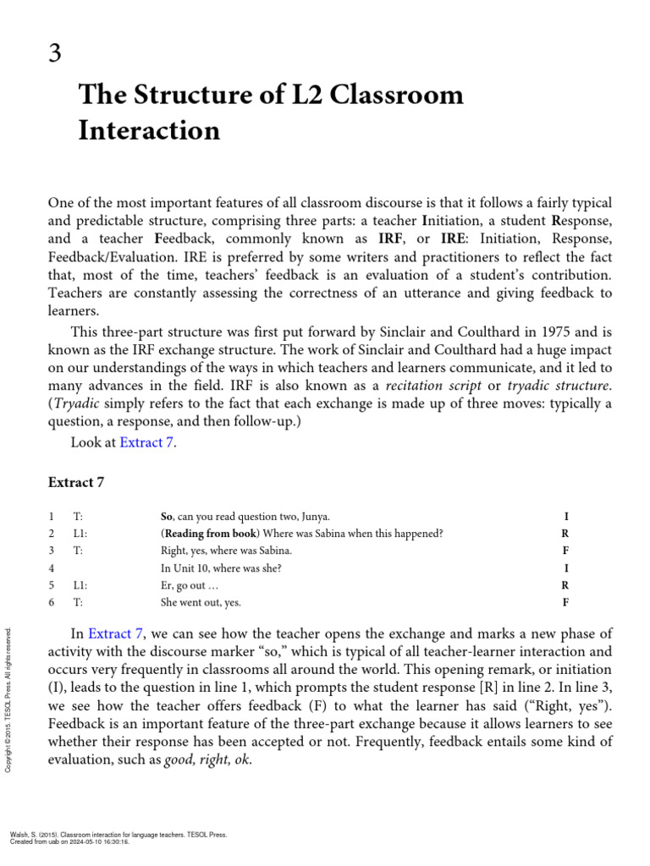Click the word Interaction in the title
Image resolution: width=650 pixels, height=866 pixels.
pos(149,130)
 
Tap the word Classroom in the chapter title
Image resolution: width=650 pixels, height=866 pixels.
pos(396,94)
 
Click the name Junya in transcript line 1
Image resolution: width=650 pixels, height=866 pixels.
pos(315,516)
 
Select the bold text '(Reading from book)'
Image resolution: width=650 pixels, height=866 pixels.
pos(210,534)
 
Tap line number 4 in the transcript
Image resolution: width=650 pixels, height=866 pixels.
pos(52,568)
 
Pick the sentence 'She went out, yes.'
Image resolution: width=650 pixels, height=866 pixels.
pos(201,603)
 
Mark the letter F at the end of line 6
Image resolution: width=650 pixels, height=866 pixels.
pos(565,603)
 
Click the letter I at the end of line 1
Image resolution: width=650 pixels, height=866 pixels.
pos(565,516)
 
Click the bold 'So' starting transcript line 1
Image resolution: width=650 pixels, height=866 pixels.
pos(167,516)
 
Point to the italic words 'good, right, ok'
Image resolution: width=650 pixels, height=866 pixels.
pos(211,759)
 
